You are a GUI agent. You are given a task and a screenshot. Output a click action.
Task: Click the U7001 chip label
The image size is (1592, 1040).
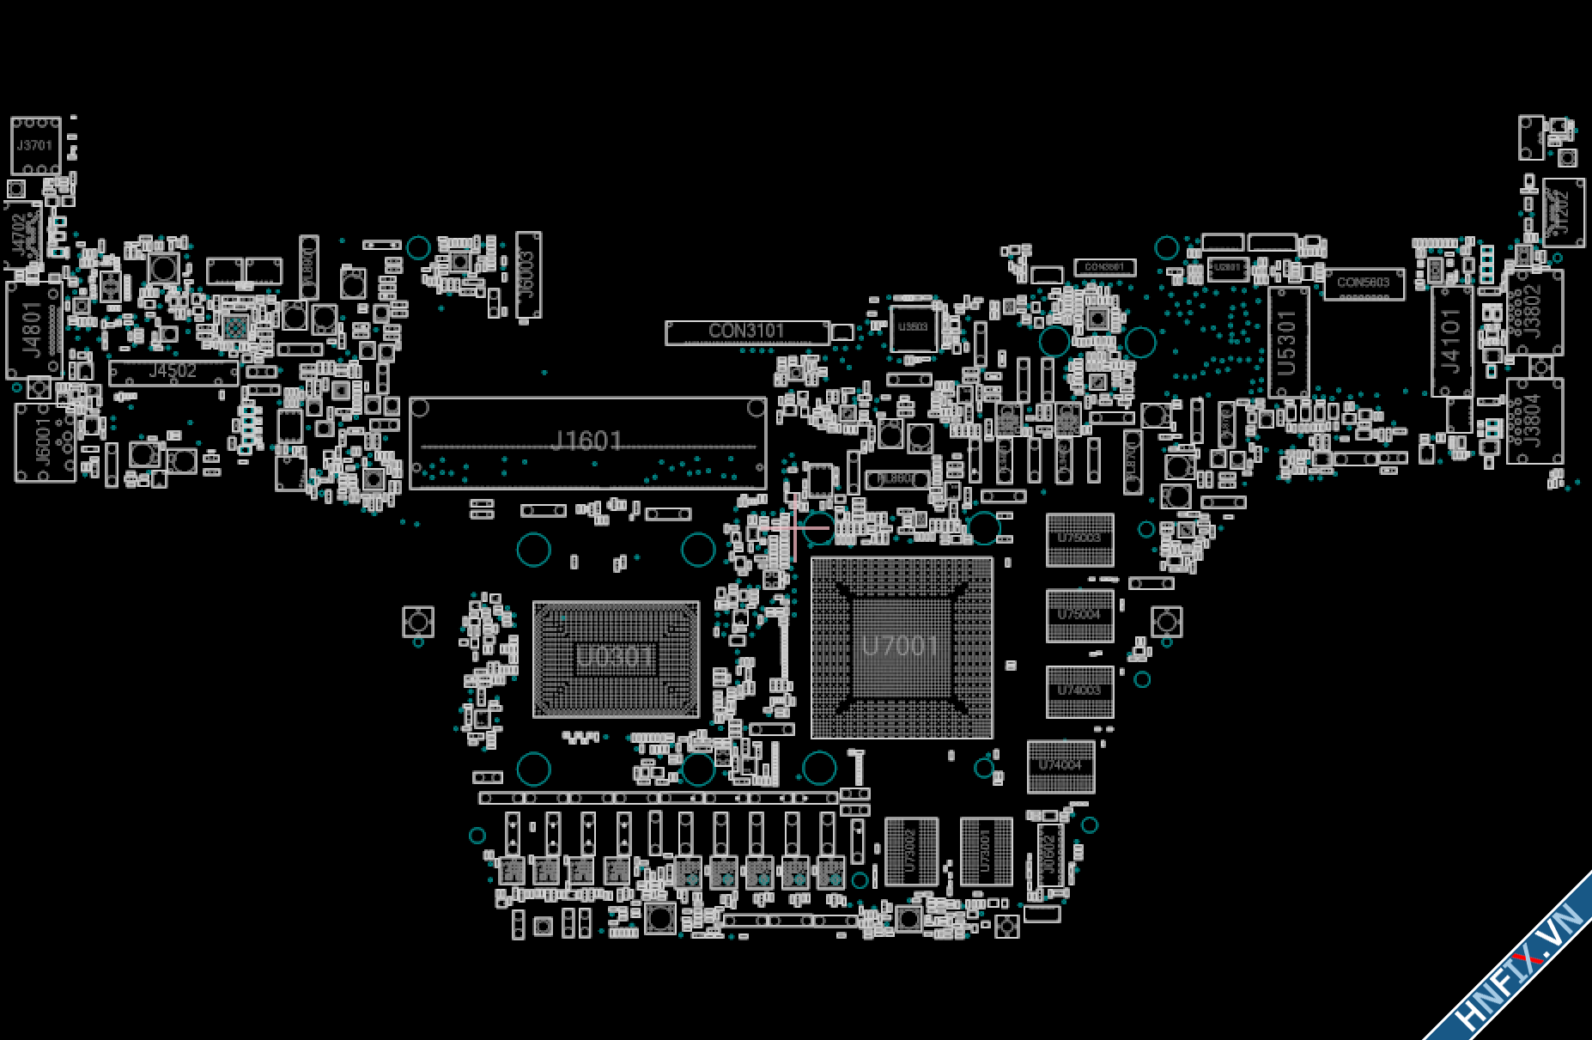pos(899,645)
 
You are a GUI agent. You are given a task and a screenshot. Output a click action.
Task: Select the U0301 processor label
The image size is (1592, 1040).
pos(614,657)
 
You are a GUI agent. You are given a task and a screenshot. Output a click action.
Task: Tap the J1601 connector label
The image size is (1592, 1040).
pos(586,441)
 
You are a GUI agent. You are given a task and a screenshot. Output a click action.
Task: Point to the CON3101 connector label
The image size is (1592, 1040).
pos(746,331)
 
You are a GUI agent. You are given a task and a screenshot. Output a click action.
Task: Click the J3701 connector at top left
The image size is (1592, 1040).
pos(35,146)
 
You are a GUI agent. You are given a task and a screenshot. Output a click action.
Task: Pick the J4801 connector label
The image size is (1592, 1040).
pos(33,329)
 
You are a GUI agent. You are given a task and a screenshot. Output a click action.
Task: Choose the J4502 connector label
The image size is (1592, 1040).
pos(173,372)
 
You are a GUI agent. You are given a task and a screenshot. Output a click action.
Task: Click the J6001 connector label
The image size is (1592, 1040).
pos(43,443)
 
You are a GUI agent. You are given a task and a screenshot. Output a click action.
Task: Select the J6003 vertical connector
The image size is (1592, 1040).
pos(528,275)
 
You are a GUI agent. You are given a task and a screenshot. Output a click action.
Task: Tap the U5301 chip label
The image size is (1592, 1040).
pos(1287,343)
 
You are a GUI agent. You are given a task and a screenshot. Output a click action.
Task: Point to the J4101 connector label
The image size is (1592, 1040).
pos(1451,341)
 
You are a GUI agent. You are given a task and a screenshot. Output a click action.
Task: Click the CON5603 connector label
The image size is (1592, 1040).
pos(1363,283)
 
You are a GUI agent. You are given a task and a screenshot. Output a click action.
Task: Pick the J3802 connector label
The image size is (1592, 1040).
pos(1534,311)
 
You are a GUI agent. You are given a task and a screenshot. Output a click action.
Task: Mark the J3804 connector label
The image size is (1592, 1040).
pos(1534,421)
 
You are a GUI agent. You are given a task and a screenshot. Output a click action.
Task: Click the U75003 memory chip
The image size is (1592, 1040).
pos(1079,539)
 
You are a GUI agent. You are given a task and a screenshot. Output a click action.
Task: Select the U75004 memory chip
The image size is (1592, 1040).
pos(1079,615)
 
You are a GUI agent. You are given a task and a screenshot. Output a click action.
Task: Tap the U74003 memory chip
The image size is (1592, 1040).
pos(1079,691)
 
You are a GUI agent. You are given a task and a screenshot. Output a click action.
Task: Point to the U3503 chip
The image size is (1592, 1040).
pos(913,327)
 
